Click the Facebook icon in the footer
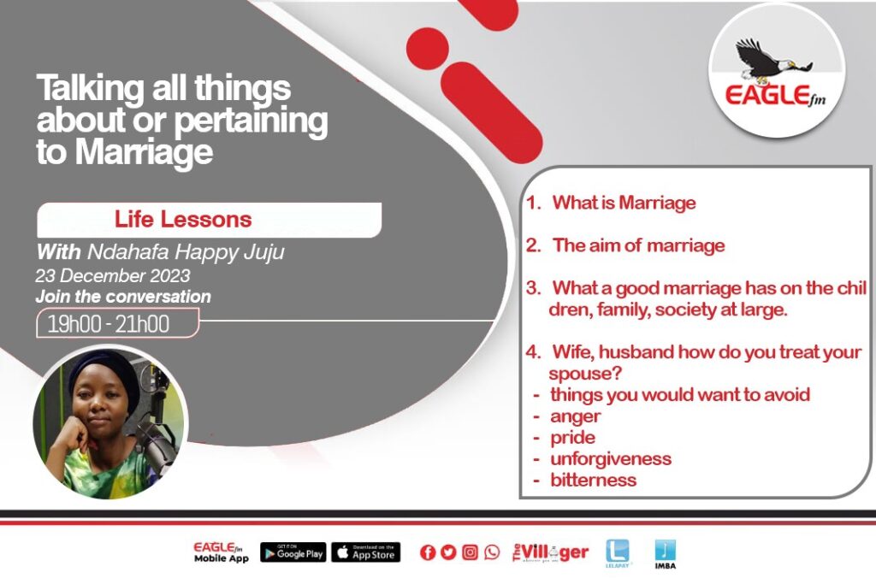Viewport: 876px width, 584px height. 428,552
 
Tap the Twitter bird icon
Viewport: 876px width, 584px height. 448,552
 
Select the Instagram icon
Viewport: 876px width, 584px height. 470,552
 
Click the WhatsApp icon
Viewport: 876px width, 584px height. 492,552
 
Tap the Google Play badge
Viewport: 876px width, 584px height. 293,552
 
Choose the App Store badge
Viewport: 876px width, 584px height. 366,552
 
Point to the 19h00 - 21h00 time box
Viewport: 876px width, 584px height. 117,324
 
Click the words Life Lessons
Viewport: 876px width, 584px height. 183,220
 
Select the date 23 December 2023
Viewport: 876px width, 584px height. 113,276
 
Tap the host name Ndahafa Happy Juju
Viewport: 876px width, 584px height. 186,252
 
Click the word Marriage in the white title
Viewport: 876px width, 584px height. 144,152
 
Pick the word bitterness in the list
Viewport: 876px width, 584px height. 594,481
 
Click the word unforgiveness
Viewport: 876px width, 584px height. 611,459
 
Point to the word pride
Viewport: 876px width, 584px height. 572,438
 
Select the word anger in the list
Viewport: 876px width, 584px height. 576,416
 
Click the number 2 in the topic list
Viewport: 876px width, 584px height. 533,245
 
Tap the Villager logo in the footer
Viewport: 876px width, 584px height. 550,552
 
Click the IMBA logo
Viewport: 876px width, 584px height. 665,554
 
